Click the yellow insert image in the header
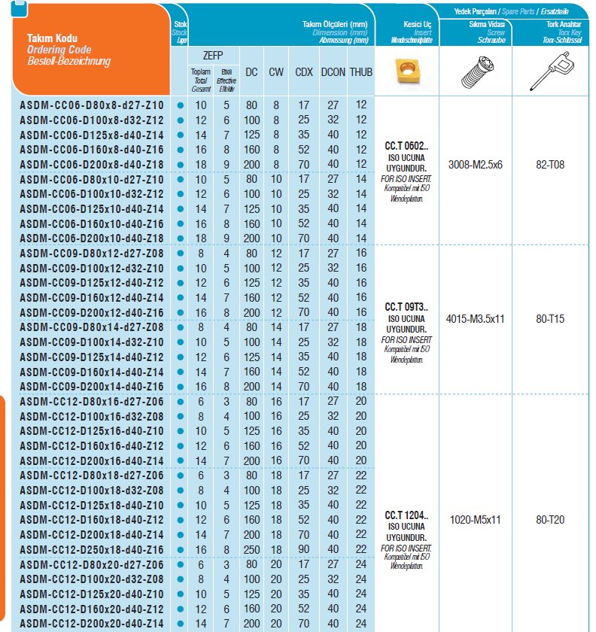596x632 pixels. (406, 73)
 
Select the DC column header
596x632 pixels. (252, 72)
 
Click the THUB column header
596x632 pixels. (361, 72)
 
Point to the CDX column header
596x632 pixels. (304, 72)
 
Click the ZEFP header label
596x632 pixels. (213, 56)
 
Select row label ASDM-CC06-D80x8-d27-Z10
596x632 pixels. (91, 106)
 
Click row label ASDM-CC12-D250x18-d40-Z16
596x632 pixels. (91, 550)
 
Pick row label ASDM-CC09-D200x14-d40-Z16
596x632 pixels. (91, 387)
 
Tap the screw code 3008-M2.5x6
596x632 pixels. (475, 163)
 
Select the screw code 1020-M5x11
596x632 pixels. (475, 518)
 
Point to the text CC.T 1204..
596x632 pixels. (406, 515)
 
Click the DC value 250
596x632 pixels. (252, 550)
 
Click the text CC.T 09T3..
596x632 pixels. (406, 307)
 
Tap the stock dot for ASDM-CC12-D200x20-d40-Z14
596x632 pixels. (180, 624)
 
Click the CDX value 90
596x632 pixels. (304, 550)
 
